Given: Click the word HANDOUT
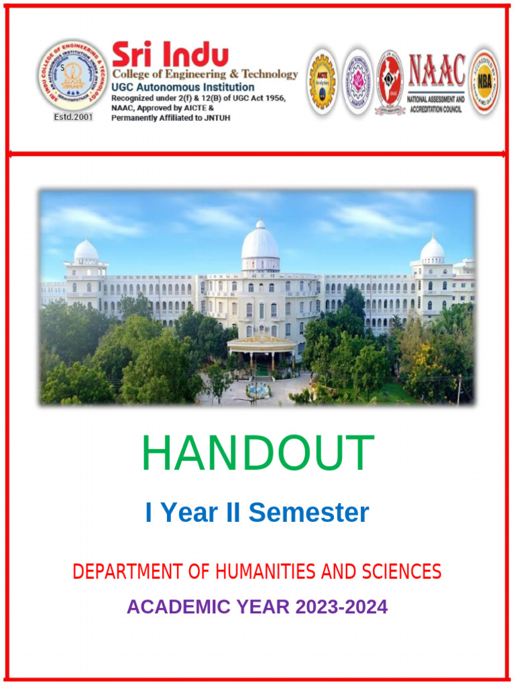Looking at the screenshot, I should point(257,454).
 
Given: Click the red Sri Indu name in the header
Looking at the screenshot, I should point(170,55).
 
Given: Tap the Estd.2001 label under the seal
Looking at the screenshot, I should point(72,117).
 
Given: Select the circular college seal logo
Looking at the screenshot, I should point(72,75).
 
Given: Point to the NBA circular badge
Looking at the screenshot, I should point(484,81).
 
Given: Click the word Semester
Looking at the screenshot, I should point(308,513).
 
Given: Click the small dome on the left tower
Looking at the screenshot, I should point(86,251).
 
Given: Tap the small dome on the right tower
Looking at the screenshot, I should point(432,250).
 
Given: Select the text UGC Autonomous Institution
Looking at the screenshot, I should point(182,87).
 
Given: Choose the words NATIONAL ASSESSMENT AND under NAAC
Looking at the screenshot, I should point(436,99).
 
